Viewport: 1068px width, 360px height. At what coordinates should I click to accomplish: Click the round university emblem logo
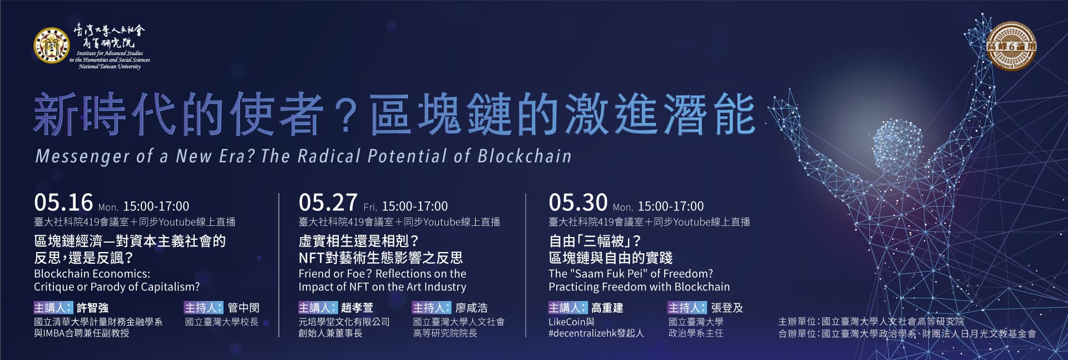point(51,46)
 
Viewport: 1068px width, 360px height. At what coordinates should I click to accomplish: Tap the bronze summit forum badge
point(1011,46)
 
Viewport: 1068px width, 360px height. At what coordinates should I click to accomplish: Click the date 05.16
point(63,203)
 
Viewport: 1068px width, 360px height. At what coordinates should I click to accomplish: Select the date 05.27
point(328,203)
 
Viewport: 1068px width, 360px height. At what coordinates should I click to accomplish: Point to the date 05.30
point(578,203)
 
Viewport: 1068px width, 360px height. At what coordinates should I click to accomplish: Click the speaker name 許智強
point(92,308)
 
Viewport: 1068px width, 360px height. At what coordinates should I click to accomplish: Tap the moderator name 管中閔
point(243,308)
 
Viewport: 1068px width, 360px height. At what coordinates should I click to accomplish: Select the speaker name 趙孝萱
point(357,308)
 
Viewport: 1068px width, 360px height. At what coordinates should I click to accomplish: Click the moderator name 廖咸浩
point(471,308)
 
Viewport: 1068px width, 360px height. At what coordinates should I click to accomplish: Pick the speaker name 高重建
point(607,308)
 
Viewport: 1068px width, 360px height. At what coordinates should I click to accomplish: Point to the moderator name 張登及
point(726,308)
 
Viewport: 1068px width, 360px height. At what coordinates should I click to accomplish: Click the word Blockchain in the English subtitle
point(525,156)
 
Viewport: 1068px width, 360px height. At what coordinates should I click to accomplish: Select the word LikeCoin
point(567,322)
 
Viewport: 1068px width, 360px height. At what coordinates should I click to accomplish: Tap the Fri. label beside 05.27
point(370,207)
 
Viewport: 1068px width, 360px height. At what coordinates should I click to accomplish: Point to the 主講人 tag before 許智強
point(53,308)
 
